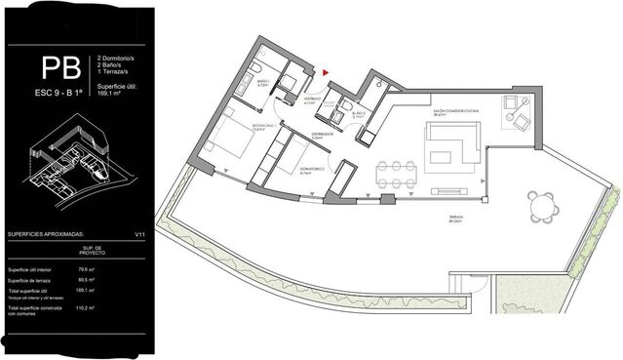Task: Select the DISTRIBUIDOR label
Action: point(323,133)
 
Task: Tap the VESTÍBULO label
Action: point(305,99)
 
